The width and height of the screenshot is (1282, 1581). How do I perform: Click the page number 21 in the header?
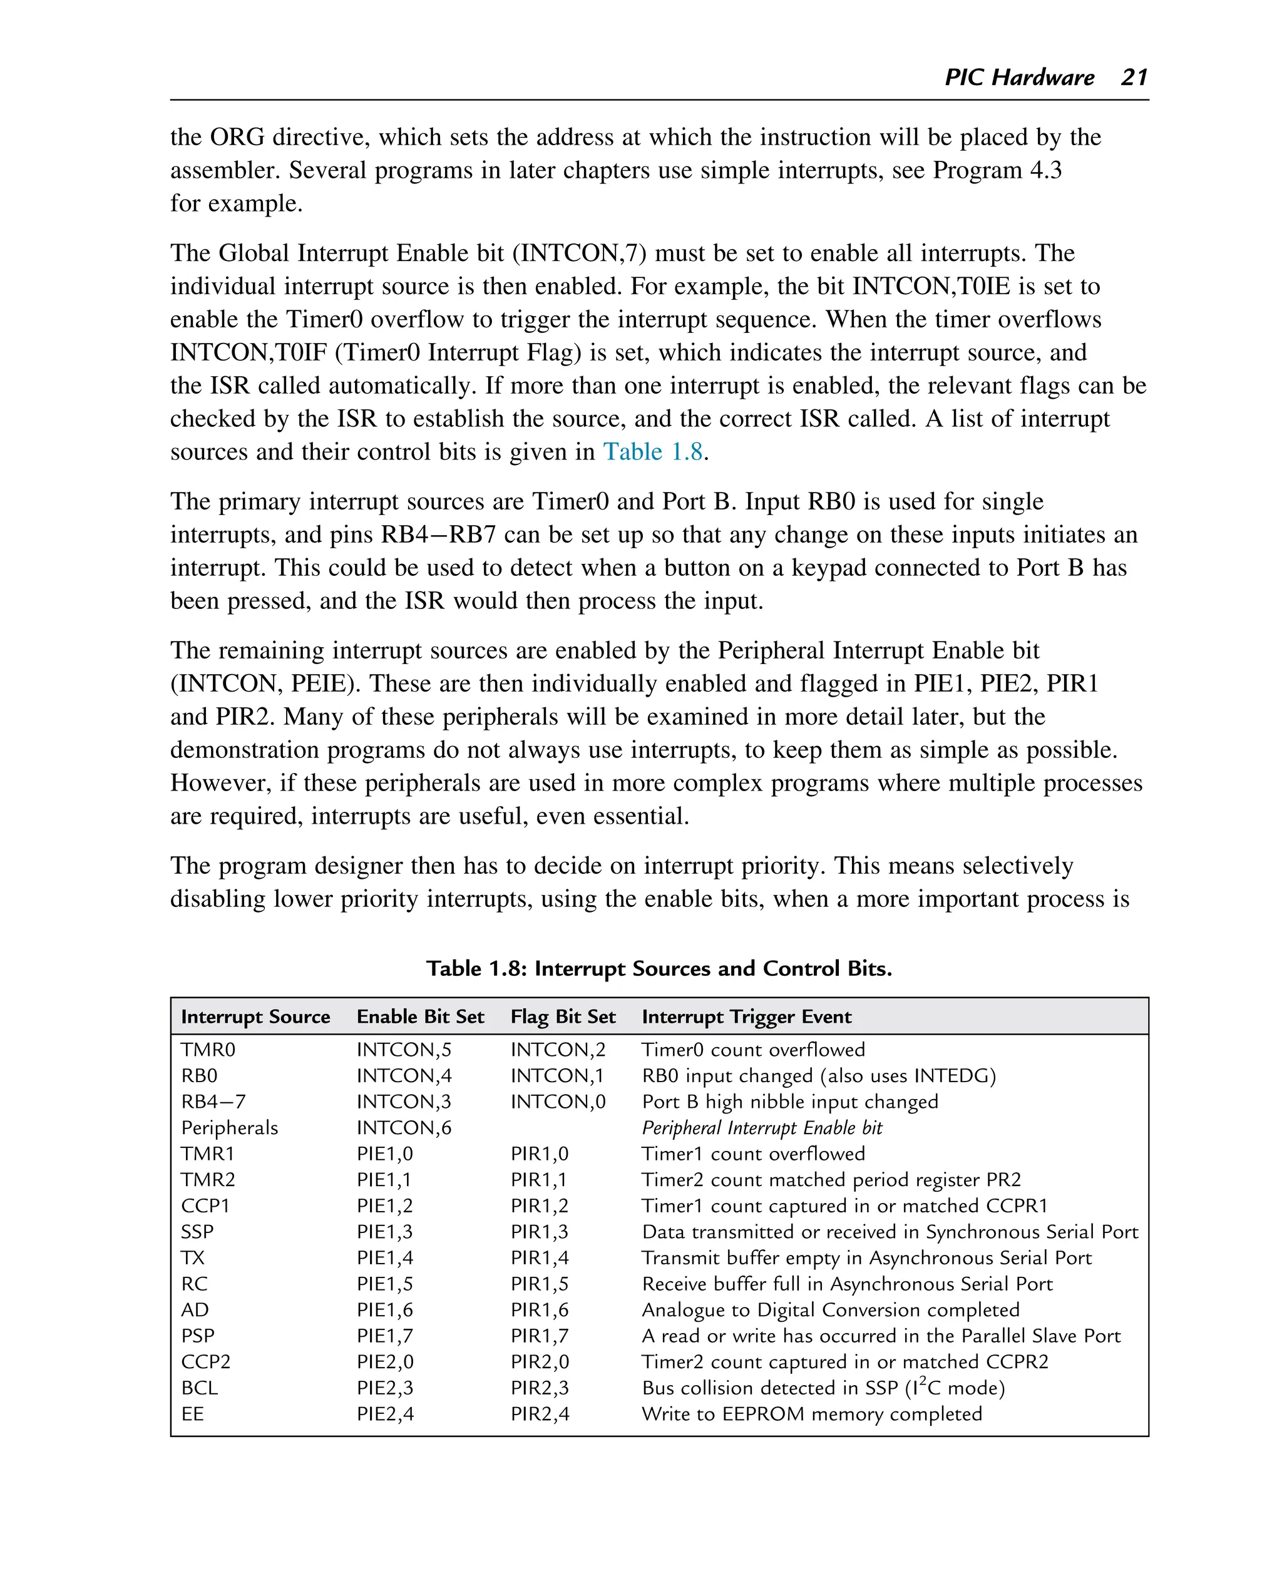pyautogui.click(x=1134, y=77)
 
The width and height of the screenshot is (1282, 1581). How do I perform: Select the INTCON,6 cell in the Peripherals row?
pyautogui.click(x=403, y=1128)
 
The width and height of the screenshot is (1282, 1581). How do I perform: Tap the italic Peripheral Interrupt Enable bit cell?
pyautogui.click(x=761, y=1128)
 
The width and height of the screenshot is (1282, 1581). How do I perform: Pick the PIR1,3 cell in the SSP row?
pyautogui.click(x=539, y=1232)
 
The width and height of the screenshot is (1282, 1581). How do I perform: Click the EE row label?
pyautogui.click(x=192, y=1413)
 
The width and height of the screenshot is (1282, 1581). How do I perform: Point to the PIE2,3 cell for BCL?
pyautogui.click(x=385, y=1388)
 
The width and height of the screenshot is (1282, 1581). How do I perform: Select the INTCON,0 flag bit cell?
pyautogui.click(x=558, y=1102)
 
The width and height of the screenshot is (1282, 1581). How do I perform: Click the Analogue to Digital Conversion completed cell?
pyautogui.click(x=830, y=1309)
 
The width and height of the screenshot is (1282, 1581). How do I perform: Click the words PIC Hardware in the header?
pyautogui.click(x=1019, y=77)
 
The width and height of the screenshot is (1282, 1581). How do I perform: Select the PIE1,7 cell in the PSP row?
pyautogui.click(x=385, y=1336)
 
